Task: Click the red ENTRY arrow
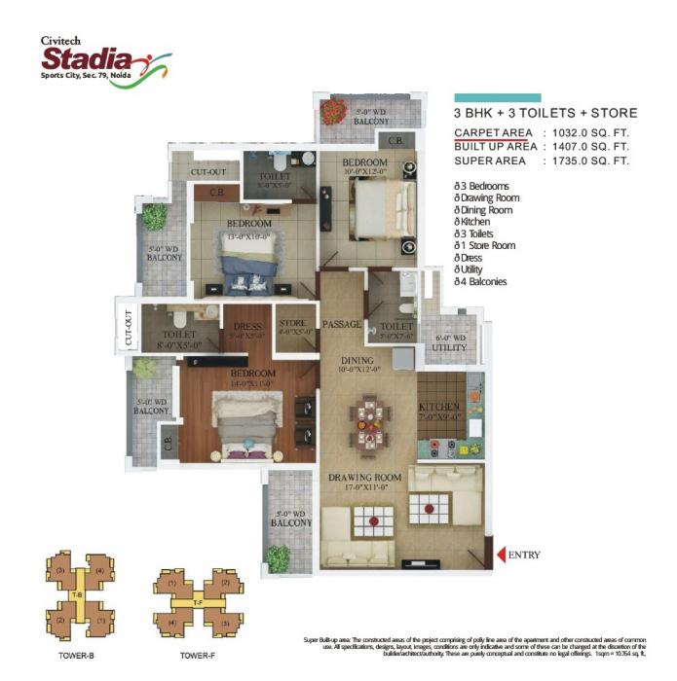point(501,556)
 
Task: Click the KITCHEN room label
point(439,408)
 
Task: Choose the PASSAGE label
point(343,323)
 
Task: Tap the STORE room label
point(292,324)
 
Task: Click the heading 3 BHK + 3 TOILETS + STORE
point(545,113)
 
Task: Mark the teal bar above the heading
point(497,97)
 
